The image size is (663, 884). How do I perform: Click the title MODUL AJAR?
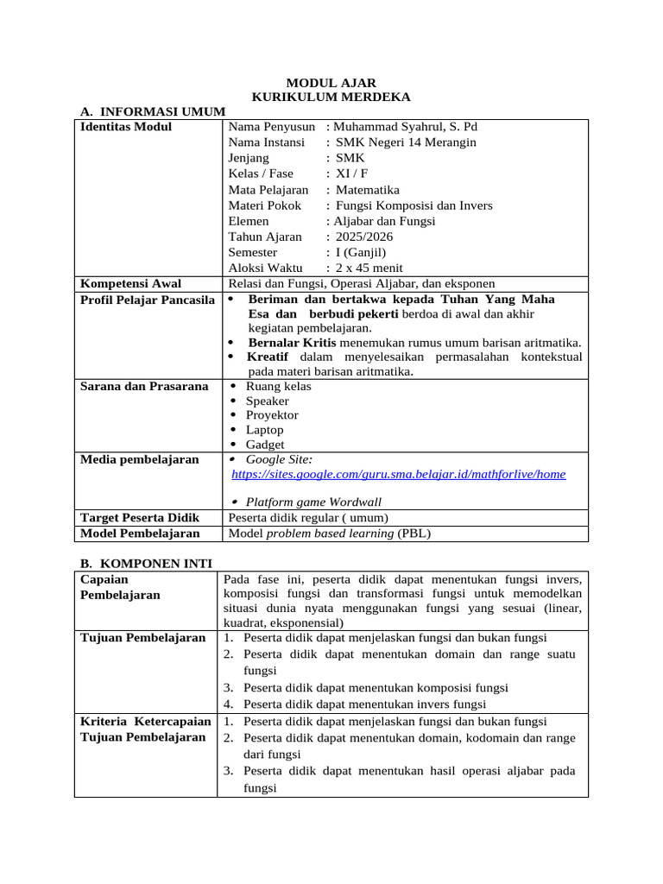[331, 82]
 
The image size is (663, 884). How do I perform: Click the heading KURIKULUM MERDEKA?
[331, 97]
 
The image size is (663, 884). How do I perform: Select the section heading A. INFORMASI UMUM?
[152, 112]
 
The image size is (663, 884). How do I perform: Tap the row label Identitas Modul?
[125, 127]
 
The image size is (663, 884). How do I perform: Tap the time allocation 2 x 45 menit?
[369, 268]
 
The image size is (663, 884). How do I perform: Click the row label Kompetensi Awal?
[130, 284]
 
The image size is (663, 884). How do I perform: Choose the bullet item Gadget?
[265, 445]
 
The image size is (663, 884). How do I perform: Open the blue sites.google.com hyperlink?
[399, 475]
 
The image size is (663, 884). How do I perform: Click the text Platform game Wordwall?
[313, 502]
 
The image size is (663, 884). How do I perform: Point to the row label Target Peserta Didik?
[139, 518]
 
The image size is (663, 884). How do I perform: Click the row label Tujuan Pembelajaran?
[142, 638]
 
